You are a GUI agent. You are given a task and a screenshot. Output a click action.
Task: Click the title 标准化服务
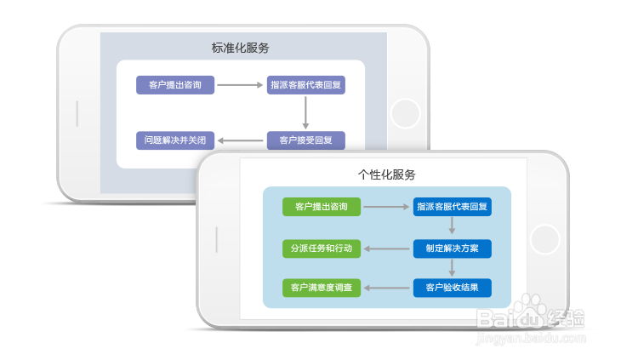[x=241, y=48]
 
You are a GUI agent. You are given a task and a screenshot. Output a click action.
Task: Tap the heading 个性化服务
[x=387, y=174]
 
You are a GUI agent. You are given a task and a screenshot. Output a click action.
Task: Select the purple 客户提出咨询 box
[x=175, y=85]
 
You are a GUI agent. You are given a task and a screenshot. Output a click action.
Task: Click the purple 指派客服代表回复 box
[x=306, y=85]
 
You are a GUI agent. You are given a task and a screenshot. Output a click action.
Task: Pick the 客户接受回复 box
[x=306, y=139]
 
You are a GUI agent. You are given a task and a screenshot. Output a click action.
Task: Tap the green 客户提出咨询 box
[x=322, y=207]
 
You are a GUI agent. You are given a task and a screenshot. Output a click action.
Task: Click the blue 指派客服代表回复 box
[x=453, y=207]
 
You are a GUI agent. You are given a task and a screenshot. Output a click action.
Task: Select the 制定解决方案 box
[x=453, y=249]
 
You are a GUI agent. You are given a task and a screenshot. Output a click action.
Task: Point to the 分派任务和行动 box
[x=322, y=249]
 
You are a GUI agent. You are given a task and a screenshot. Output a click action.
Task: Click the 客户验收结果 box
[x=453, y=288]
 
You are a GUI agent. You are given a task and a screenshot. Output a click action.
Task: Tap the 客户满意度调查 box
[x=322, y=288]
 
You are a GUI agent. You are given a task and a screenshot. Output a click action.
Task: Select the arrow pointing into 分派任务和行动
[x=387, y=249]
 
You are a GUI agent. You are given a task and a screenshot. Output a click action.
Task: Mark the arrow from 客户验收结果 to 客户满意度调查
[x=387, y=288]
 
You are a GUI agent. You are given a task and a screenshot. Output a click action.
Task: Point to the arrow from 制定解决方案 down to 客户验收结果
[x=453, y=268]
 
